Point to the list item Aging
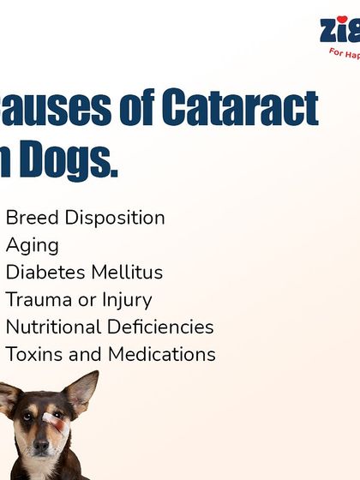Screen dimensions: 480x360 (33, 246)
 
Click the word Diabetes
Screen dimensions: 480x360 (43, 273)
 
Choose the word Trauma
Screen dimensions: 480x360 (35, 300)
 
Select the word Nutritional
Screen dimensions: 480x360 (53, 327)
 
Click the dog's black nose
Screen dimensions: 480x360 (41, 447)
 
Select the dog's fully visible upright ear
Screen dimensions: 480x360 (81, 390)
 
